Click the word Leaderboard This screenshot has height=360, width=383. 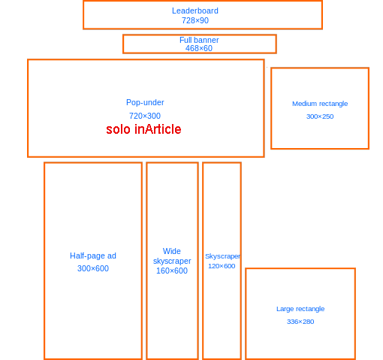(x=195, y=11)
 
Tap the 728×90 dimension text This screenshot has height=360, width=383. (x=195, y=20)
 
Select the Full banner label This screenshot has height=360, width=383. (x=199, y=40)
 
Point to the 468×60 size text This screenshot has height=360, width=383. (x=199, y=48)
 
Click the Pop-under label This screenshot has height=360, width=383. (x=145, y=102)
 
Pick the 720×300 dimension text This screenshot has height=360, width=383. (x=145, y=116)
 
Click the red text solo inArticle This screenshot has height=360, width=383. (x=143, y=129)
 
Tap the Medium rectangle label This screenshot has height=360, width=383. (x=320, y=104)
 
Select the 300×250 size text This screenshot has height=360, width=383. (x=320, y=116)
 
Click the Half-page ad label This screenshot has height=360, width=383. (x=93, y=256)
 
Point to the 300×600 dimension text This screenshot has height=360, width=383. (x=93, y=268)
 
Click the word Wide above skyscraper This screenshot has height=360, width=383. (x=172, y=251)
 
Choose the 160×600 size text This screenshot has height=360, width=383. (x=172, y=271)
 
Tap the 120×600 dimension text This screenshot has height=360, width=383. (x=222, y=266)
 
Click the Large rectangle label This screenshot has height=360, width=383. (x=300, y=309)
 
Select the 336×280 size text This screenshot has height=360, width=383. (x=300, y=322)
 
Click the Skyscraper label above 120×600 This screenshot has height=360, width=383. (x=222, y=256)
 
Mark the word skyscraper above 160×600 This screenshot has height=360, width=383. (x=172, y=261)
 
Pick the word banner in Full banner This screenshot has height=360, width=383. (x=207, y=40)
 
